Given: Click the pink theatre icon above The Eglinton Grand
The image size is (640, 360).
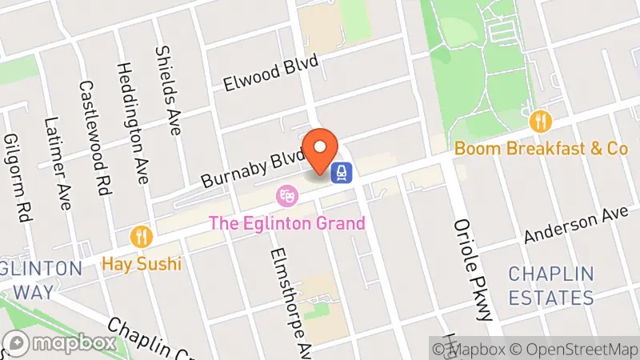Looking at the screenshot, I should tap(286, 195).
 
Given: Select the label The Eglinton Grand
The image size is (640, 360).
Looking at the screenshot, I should tap(287, 222).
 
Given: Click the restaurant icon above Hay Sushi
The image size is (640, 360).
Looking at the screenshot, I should tap(142, 236).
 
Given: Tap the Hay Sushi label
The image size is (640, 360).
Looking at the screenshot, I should tap(142, 263).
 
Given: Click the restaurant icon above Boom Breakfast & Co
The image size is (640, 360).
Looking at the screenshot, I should tap(542, 121).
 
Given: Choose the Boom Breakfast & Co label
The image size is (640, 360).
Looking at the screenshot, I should tap(541, 148).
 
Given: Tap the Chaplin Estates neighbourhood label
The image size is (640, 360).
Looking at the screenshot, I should tap(551, 286).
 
